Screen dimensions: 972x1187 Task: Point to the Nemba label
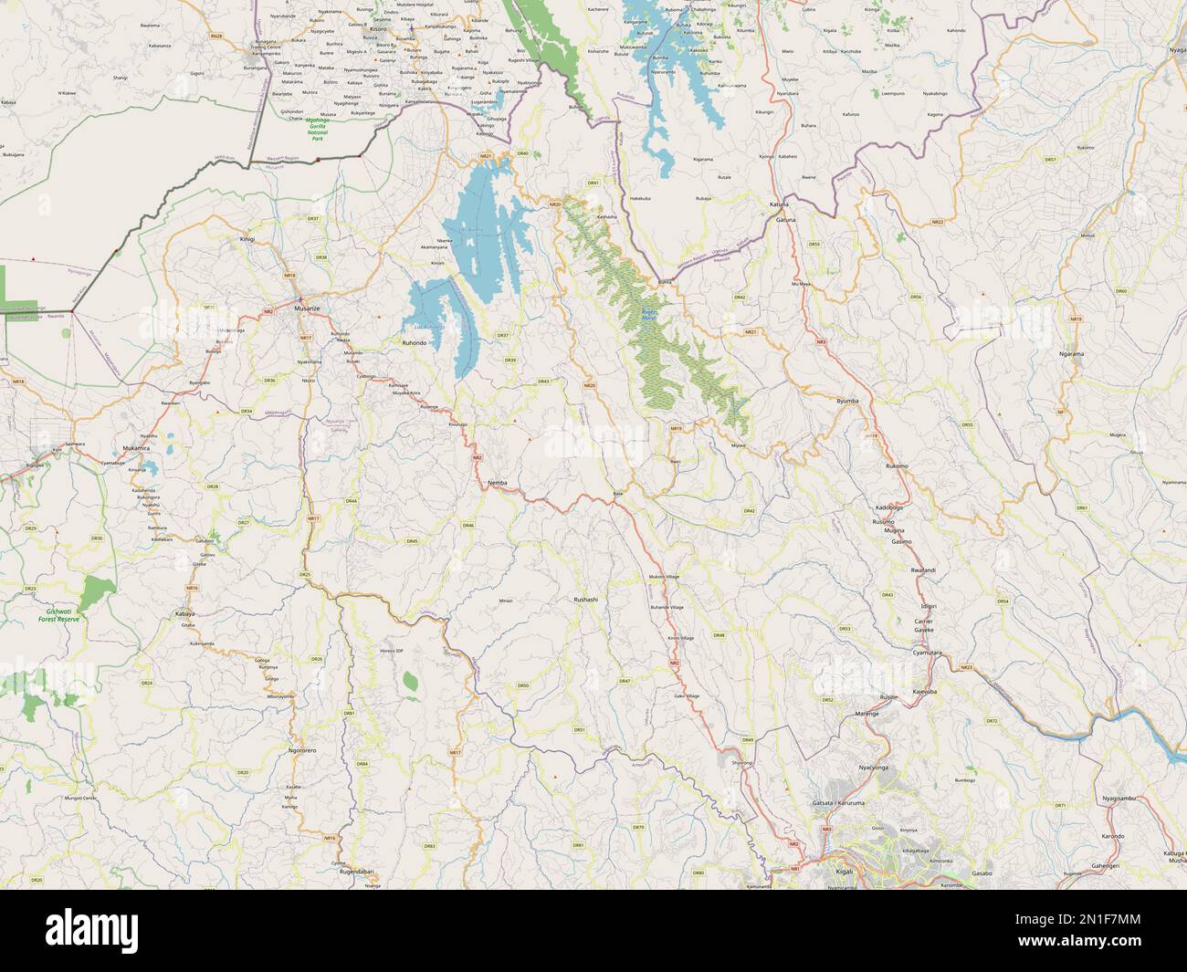pos(498,481)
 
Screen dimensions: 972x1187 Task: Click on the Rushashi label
pos(585,599)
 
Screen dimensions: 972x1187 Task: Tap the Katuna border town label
pos(779,204)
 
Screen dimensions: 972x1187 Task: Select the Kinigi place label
pos(247,238)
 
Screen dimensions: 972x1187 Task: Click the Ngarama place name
pos(1071,352)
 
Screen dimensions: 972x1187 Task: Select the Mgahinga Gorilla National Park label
pos(318,129)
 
